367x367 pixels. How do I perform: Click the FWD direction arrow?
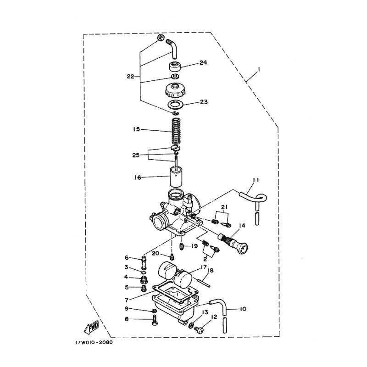(91, 327)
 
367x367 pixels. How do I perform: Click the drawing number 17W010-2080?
(94, 342)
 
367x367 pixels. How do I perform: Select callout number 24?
(203, 62)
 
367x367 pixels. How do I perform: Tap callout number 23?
(204, 102)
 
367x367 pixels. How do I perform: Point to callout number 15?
(136, 129)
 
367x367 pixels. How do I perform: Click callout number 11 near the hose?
(256, 180)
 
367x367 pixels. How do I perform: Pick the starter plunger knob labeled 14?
(233, 243)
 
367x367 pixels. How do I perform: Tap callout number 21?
(224, 207)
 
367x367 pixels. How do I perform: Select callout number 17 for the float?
(203, 267)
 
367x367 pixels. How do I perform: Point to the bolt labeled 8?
(155, 319)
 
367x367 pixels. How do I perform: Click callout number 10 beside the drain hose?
(243, 309)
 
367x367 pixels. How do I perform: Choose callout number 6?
(127, 258)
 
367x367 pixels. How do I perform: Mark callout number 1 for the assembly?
(258, 70)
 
